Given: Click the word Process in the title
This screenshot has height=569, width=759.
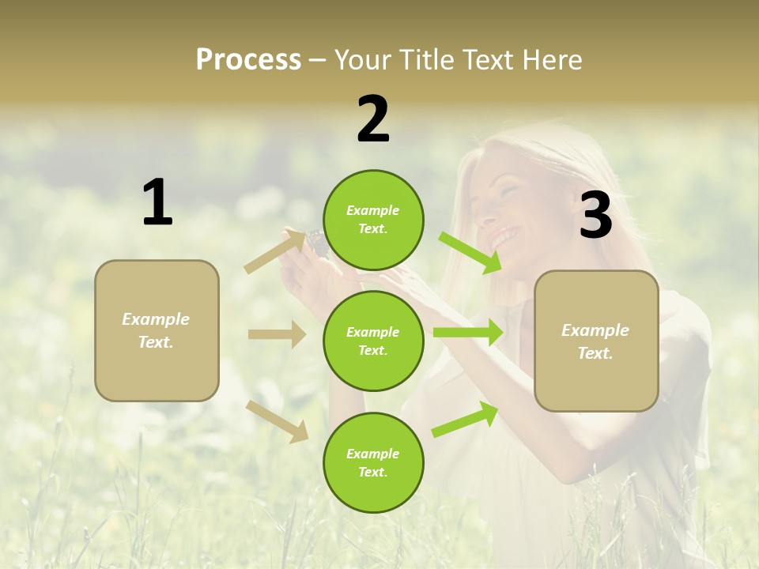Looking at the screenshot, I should tap(248, 60).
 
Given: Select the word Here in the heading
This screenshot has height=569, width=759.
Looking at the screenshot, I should tap(551, 60).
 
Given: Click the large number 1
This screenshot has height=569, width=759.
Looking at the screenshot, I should tap(157, 203).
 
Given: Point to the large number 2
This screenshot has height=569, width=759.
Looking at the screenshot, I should tap(373, 119).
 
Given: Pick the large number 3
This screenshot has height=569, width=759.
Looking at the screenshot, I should tap(595, 216).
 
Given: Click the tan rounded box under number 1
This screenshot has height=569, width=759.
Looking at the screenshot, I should tap(157, 330).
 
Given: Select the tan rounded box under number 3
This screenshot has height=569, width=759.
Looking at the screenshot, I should tap(596, 341).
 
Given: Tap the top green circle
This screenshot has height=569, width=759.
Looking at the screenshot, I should tap(373, 220).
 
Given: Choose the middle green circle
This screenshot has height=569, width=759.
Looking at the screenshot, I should tap(373, 341).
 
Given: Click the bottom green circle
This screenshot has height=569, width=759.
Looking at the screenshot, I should tap(373, 462).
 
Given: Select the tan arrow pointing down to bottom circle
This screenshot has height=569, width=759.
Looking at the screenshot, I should tap(277, 421).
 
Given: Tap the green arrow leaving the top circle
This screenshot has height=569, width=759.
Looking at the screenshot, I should tap(470, 252).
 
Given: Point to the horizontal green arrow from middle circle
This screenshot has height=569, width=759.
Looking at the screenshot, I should tap(467, 332).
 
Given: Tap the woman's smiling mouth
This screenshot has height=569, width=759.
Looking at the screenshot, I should tap(501, 235).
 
